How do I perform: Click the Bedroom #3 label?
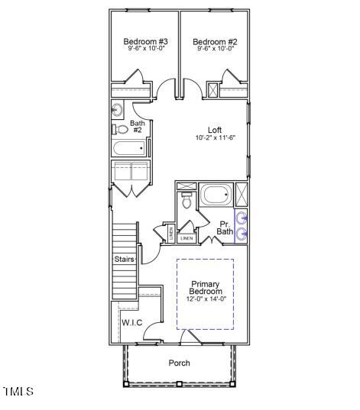pyautogui.click(x=145, y=41)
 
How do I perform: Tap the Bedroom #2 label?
pyautogui.click(x=214, y=41)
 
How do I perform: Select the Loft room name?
pyautogui.click(x=215, y=130)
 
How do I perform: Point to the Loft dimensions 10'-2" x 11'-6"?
pyautogui.click(x=215, y=138)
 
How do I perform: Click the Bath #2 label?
pyautogui.click(x=138, y=127)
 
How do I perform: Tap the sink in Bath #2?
pyautogui.click(x=118, y=108)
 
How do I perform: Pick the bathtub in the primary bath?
pyautogui.click(x=216, y=195)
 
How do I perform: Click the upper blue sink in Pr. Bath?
pyautogui.click(x=242, y=218)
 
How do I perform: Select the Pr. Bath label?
pyautogui.click(x=225, y=227)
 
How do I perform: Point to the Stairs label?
pyautogui.click(x=125, y=260)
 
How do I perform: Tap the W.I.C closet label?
pyautogui.click(x=131, y=322)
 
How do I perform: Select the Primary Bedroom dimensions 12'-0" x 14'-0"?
pyautogui.click(x=206, y=299)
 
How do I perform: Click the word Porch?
pyautogui.click(x=179, y=363)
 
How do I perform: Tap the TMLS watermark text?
pyautogui.click(x=18, y=392)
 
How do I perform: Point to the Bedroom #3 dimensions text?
pyautogui.click(x=145, y=49)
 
